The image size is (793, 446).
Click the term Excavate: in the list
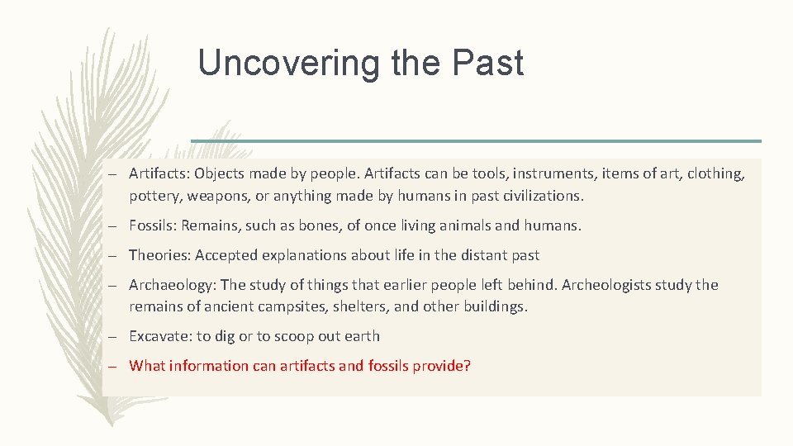160,336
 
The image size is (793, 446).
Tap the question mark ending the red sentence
468,365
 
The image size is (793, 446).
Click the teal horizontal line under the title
476,140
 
